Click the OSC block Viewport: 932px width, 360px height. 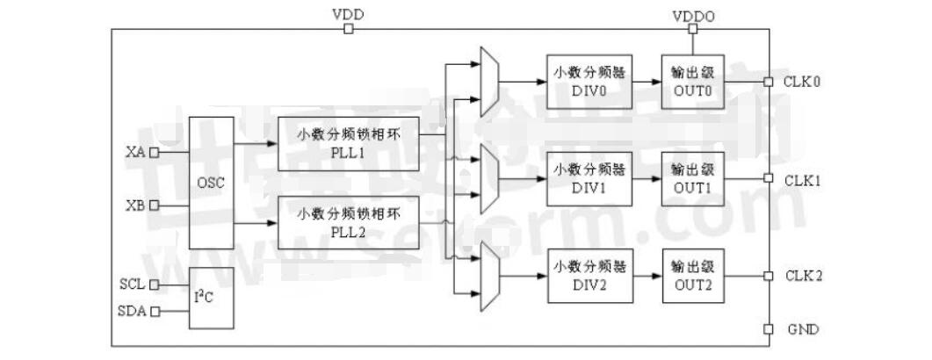[x=212, y=182]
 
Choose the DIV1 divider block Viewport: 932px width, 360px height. [x=589, y=178]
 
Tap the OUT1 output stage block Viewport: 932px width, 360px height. [x=691, y=178]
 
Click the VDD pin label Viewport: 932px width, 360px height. [x=349, y=14]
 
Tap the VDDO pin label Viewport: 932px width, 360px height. [x=693, y=14]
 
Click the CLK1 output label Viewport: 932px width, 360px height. [x=802, y=180]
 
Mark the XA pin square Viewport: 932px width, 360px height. [x=155, y=152]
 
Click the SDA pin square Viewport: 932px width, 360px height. [x=155, y=311]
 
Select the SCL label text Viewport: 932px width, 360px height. [x=132, y=284]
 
